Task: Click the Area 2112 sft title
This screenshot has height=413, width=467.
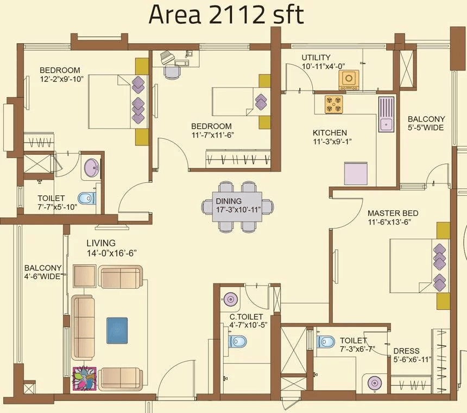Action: pyautogui.click(x=226, y=15)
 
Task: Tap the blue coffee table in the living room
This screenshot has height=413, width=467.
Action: pyautogui.click(x=117, y=331)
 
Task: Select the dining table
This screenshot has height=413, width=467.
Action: pyautogui.click(x=237, y=207)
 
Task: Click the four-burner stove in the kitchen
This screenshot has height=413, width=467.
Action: pyautogui.click(x=333, y=104)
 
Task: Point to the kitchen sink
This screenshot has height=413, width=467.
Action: pyautogui.click(x=386, y=114)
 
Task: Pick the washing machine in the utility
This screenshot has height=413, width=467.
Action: pyautogui.click(x=349, y=80)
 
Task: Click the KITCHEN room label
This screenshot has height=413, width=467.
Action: pyautogui.click(x=330, y=132)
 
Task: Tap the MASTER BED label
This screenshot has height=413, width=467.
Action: pyautogui.click(x=393, y=213)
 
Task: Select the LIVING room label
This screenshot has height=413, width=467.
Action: pyautogui.click(x=101, y=243)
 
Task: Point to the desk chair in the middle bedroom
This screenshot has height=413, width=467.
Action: pyautogui.click(x=172, y=72)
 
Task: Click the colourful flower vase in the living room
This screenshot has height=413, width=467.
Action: pyautogui.click(x=85, y=379)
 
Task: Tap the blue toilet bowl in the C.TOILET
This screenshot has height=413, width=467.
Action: pyautogui.click(x=237, y=341)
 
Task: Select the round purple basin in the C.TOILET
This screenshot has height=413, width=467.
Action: pyautogui.click(x=230, y=298)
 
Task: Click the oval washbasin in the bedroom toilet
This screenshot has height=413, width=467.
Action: pyautogui.click(x=91, y=168)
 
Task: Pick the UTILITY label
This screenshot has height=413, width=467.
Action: pyautogui.click(x=316, y=58)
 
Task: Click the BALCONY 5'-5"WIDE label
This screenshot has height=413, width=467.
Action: pyautogui.click(x=426, y=123)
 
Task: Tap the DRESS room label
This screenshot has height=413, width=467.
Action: pyautogui.click(x=406, y=351)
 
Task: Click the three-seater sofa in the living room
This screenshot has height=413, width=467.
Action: pyautogui.click(x=83, y=328)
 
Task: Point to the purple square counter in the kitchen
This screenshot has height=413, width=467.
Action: pyautogui.click(x=356, y=174)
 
